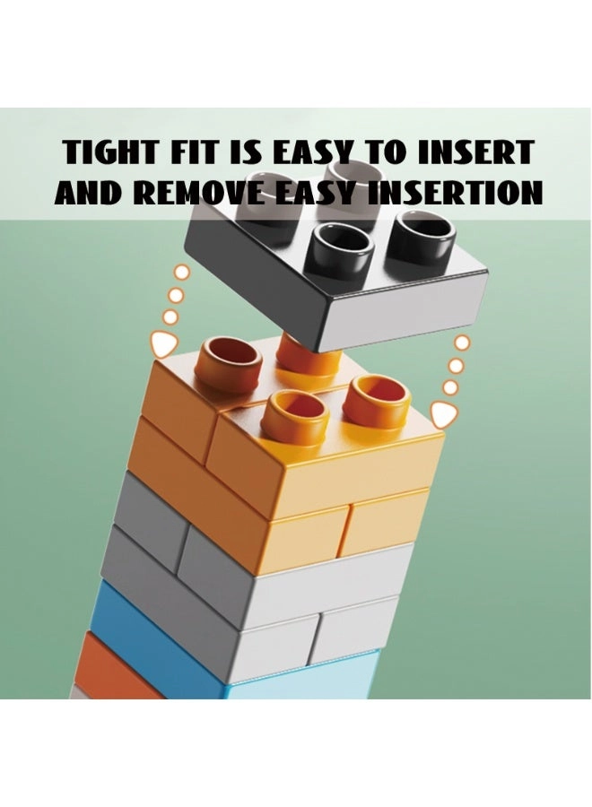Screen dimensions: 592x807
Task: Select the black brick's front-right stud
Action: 420,237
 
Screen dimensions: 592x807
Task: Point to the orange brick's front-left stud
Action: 294,417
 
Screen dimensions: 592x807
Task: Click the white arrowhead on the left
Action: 165,345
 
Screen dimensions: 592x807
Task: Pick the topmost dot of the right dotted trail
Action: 462,342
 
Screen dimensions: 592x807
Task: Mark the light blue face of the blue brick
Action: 304,675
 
